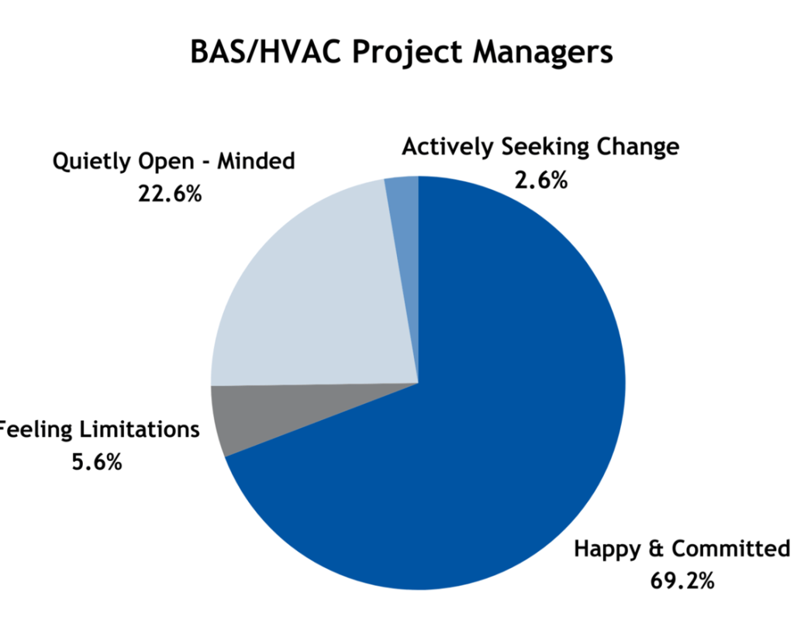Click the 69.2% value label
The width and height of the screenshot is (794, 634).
point(682,581)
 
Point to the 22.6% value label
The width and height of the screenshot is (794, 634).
point(170,193)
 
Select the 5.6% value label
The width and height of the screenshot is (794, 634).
point(97,461)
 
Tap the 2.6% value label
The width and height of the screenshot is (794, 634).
point(540,180)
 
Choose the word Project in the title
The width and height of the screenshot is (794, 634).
point(406,53)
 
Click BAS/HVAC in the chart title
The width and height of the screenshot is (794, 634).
point(265,52)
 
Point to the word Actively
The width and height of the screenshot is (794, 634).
point(447,147)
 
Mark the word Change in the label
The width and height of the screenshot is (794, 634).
point(637,146)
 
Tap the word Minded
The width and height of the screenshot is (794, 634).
point(256,160)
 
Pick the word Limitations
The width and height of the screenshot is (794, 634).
point(140,429)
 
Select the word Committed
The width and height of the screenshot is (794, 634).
point(730,548)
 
